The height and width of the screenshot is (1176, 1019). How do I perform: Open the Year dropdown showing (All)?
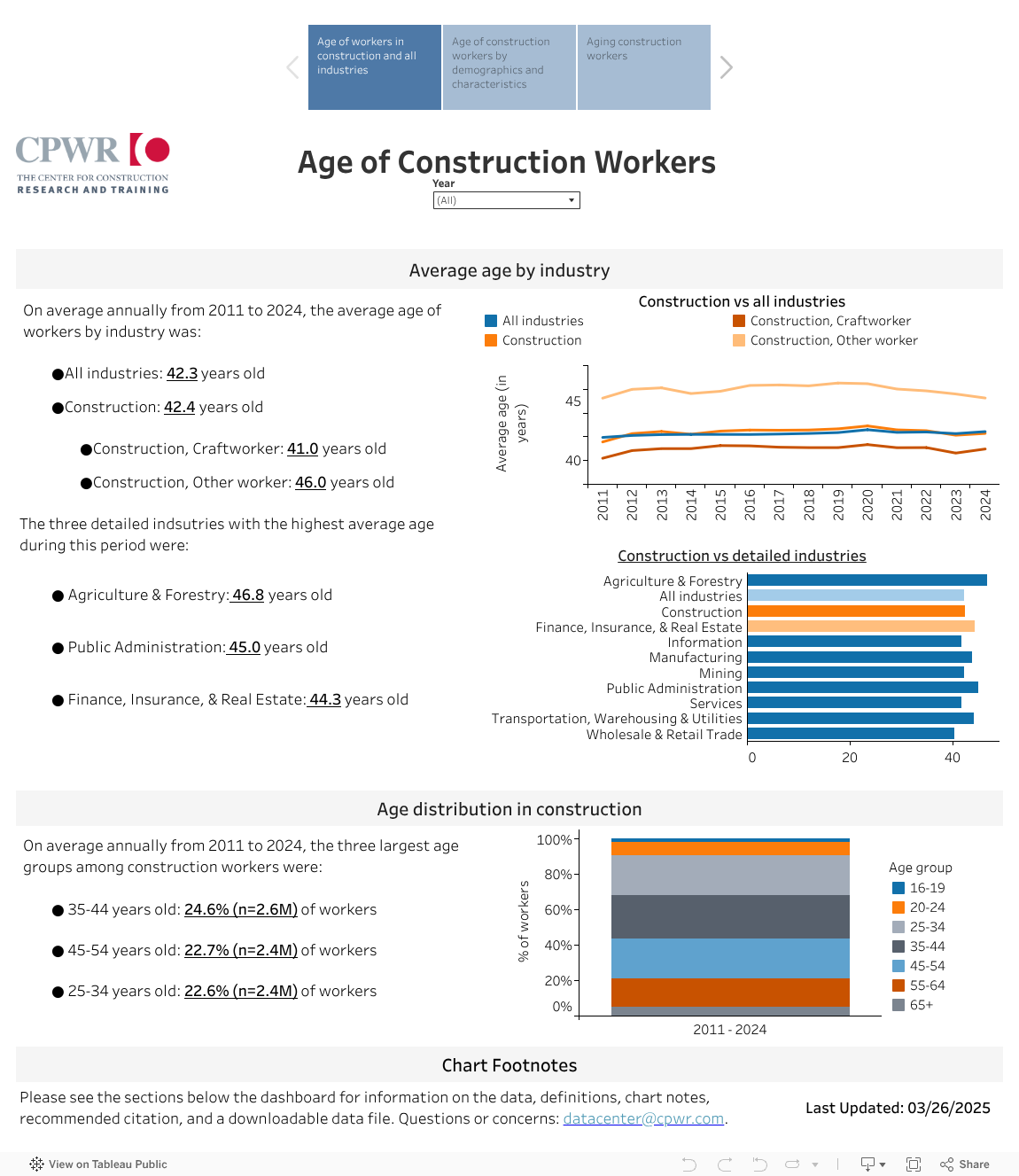click(x=506, y=200)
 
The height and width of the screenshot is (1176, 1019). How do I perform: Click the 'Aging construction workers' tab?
click(x=644, y=67)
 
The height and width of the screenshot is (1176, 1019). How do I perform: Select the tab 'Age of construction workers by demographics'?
click(x=509, y=67)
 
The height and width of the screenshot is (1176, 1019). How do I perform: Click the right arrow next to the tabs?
click(x=727, y=67)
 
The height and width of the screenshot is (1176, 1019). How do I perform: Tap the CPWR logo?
click(x=93, y=164)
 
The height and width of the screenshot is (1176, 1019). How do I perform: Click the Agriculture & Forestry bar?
click(x=867, y=580)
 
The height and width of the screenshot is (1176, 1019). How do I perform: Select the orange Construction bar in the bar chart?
click(x=856, y=611)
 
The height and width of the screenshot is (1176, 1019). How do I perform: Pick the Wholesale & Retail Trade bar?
click(x=851, y=734)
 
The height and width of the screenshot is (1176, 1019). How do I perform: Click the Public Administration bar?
click(x=862, y=688)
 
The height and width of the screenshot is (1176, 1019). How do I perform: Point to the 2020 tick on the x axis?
click(x=867, y=504)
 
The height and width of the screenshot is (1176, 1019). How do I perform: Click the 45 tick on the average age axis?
click(x=573, y=401)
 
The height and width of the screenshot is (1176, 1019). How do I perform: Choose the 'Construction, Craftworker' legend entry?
click(x=830, y=321)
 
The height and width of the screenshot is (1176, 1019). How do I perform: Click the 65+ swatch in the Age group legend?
click(x=898, y=1005)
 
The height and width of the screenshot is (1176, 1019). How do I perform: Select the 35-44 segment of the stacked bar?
click(x=730, y=916)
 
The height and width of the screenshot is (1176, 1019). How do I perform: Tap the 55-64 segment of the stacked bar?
click(x=730, y=992)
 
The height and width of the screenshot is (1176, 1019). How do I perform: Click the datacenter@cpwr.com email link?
click(x=643, y=1118)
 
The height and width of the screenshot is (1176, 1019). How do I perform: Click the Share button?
click(x=965, y=1164)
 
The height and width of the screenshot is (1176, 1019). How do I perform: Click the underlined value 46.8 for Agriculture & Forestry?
click(x=248, y=595)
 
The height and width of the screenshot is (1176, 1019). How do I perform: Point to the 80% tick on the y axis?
click(x=558, y=875)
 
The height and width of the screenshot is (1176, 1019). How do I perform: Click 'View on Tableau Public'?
click(x=98, y=1164)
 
